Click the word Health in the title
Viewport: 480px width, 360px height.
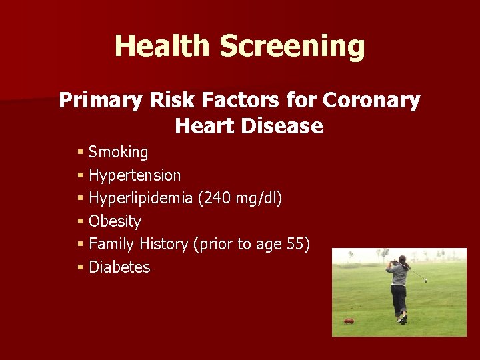click(x=162, y=47)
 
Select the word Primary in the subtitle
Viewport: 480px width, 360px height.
click(x=99, y=100)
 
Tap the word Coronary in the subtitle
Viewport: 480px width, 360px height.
click(x=371, y=100)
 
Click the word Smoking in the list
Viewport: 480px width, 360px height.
click(x=118, y=152)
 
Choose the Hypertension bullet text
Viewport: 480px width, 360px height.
click(x=135, y=175)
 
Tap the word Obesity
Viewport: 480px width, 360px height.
click(x=115, y=221)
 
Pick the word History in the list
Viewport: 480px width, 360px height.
click(x=165, y=244)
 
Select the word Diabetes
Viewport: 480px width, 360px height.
click(x=119, y=267)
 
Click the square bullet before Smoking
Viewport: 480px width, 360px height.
click(x=80, y=152)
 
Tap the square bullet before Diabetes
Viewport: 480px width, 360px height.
click(x=80, y=267)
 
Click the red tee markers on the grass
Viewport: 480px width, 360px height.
click(x=349, y=321)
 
